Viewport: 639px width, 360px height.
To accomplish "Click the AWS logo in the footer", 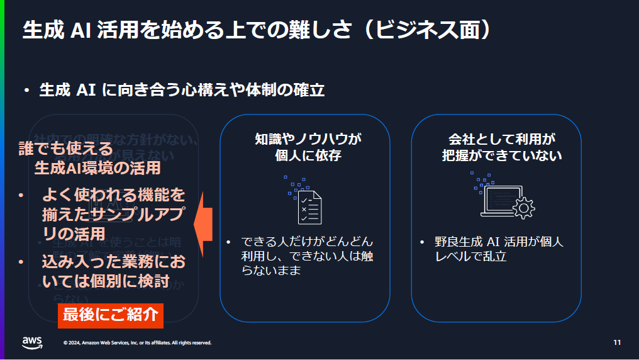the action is coord(33,342).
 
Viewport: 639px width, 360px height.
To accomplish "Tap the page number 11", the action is coord(617,342).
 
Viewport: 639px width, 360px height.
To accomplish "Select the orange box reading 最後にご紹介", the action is coord(110,315).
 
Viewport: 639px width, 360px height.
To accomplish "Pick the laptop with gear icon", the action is coord(502,196).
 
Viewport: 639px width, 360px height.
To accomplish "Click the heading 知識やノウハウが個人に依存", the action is coord(304,147).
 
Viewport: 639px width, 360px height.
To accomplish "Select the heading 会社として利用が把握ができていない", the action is coord(501,147).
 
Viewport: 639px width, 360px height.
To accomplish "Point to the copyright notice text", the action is coord(137,343).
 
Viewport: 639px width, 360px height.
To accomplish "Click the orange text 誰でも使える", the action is coord(65,149).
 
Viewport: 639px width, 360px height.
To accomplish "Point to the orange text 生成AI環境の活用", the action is coord(97,167).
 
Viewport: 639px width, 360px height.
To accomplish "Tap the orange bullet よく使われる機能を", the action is coord(113,196).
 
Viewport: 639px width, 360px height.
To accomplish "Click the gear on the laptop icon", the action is coord(523,206).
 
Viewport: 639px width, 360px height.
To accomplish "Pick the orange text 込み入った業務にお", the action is coord(113,261).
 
